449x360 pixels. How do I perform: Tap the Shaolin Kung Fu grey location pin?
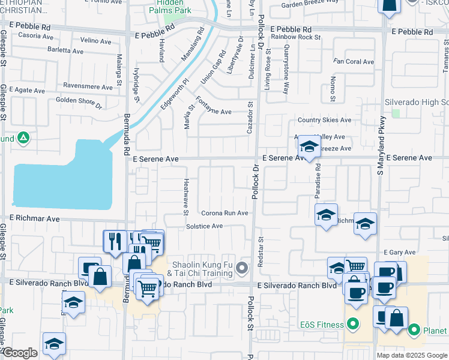point(242,268)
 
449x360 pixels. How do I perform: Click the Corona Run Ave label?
point(224,213)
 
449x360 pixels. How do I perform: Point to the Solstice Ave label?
point(204,226)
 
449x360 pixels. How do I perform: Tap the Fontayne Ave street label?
point(214,112)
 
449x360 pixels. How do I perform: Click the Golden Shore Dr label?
point(79,101)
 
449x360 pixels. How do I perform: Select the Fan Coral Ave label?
point(354,62)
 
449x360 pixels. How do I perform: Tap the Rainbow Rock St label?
point(295,37)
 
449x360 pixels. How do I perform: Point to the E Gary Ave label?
point(400,253)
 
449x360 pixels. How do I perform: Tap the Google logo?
point(19,353)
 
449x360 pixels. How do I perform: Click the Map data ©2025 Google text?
point(412,355)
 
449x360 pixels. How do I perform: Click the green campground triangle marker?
point(23,139)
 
